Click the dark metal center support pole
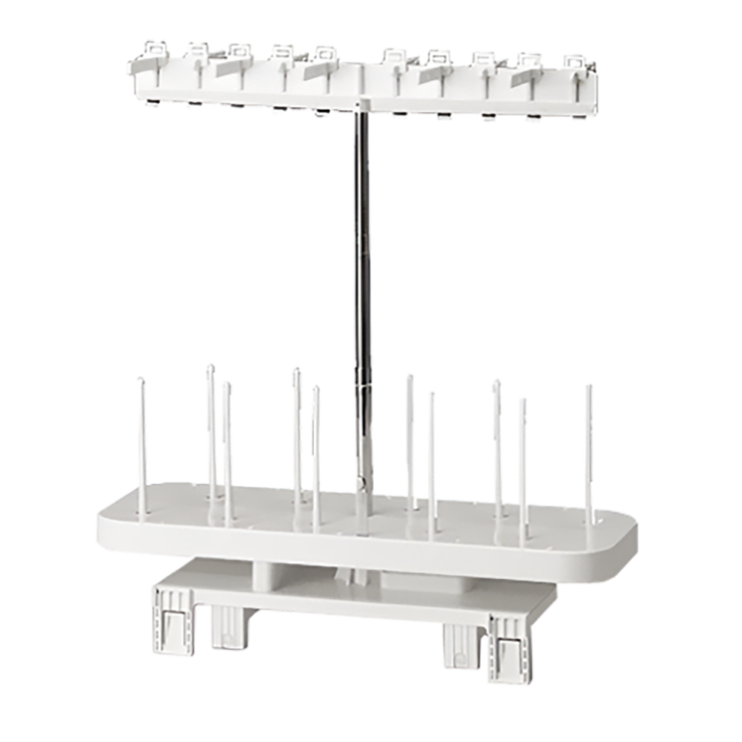pyautogui.click(x=361, y=245)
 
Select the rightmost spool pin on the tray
pyautogui.click(x=588, y=453)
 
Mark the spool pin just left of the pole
pyautogui.click(x=316, y=453)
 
